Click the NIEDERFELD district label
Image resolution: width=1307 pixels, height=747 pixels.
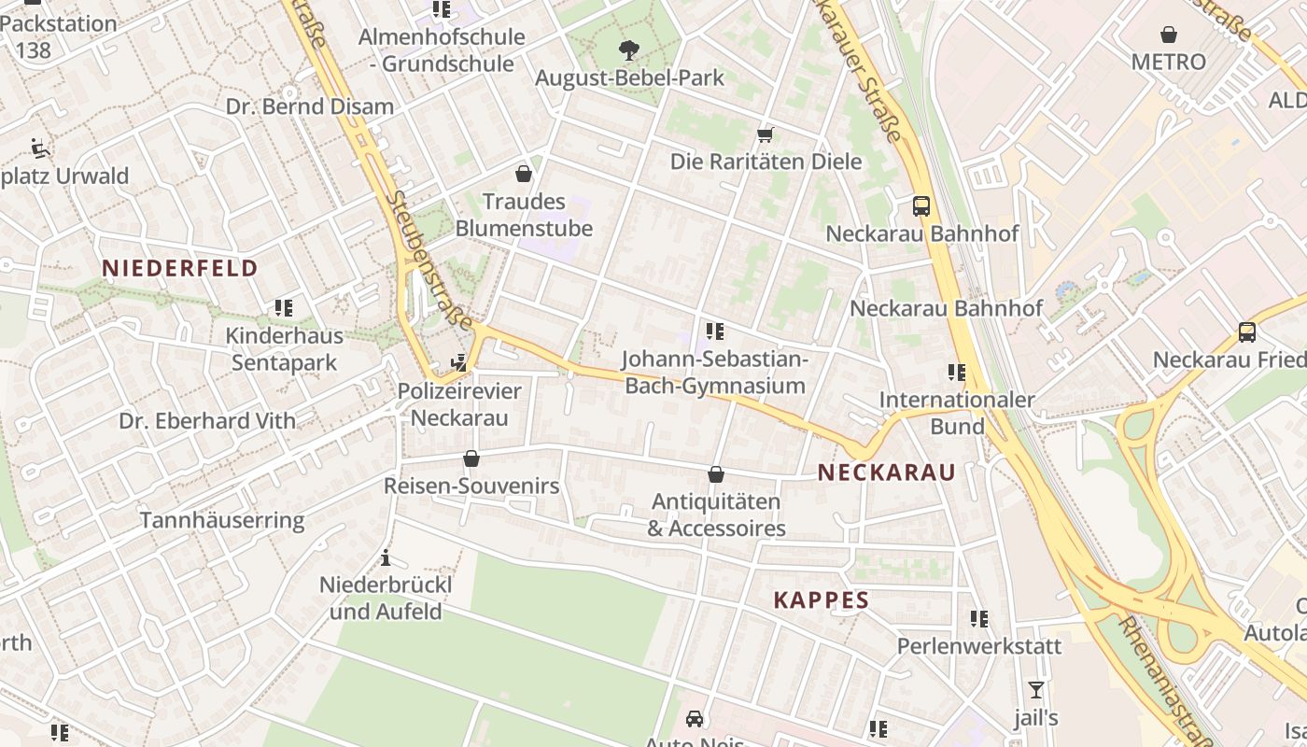point(179,269)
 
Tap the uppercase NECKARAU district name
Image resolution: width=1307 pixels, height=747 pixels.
point(886,472)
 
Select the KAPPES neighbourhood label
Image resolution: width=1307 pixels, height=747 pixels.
point(821,600)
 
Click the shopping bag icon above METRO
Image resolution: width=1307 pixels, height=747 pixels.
point(1168,35)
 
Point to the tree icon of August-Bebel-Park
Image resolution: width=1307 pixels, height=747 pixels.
point(629,50)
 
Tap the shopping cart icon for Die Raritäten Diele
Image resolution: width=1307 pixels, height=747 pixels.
point(766,134)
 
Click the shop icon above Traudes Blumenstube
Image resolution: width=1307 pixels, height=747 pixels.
point(524,174)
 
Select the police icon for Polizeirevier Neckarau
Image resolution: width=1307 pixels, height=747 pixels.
point(459,363)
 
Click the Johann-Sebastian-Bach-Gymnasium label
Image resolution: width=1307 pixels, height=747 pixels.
point(714,373)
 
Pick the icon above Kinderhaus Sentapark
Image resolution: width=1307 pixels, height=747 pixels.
point(284,307)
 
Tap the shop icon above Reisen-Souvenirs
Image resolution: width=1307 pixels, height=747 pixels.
point(471,458)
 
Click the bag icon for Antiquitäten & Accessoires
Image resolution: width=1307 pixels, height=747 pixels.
point(716,474)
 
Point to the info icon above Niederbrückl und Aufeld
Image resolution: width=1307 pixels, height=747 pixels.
point(386,558)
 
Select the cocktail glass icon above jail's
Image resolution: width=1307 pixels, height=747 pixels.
point(1035,690)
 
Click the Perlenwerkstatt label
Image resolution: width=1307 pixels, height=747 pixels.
point(978,646)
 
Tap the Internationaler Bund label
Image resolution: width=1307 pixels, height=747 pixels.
point(957,413)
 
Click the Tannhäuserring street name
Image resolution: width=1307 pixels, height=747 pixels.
point(222,521)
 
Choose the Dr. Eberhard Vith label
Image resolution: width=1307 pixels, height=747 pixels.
point(207,421)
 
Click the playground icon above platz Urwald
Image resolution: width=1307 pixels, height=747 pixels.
point(40,148)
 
